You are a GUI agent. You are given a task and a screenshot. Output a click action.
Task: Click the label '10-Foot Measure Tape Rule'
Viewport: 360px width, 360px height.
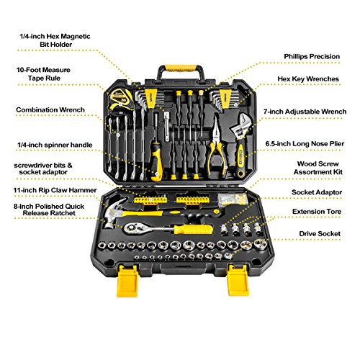click(x=43, y=74)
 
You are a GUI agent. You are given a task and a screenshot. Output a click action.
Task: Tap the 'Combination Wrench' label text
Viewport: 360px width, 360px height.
click(x=50, y=110)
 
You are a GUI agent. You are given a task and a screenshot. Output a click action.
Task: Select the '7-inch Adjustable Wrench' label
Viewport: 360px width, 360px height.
click(x=305, y=112)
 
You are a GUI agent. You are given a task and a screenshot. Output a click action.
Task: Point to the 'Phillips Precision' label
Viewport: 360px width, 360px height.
click(x=312, y=56)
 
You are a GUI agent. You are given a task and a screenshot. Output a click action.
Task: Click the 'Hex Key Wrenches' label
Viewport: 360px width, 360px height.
click(x=308, y=79)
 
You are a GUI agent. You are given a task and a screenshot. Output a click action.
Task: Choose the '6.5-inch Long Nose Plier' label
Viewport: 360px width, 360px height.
click(x=305, y=144)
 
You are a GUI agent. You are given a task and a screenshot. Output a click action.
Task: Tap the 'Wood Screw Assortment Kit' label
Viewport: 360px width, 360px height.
click(x=318, y=168)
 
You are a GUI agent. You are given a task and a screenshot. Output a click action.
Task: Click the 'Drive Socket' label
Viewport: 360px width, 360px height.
click(x=320, y=234)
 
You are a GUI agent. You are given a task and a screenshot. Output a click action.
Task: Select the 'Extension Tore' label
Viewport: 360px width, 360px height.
click(x=317, y=212)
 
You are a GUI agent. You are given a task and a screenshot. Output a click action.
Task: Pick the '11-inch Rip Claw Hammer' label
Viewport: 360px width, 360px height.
click(x=55, y=190)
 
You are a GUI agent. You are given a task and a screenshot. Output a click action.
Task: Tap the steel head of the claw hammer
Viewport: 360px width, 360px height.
click(x=115, y=212)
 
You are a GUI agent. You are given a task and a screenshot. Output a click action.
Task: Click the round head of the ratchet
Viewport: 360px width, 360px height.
click(x=132, y=228)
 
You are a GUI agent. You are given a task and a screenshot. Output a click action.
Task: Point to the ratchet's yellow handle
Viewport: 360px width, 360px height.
click(x=193, y=230)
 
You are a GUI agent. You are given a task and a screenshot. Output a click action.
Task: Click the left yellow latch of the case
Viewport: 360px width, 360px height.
click(x=127, y=281)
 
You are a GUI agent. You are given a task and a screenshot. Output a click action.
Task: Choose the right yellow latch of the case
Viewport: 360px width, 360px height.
click(x=238, y=280)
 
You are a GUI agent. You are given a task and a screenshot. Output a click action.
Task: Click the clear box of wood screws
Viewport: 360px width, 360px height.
click(x=233, y=199)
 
